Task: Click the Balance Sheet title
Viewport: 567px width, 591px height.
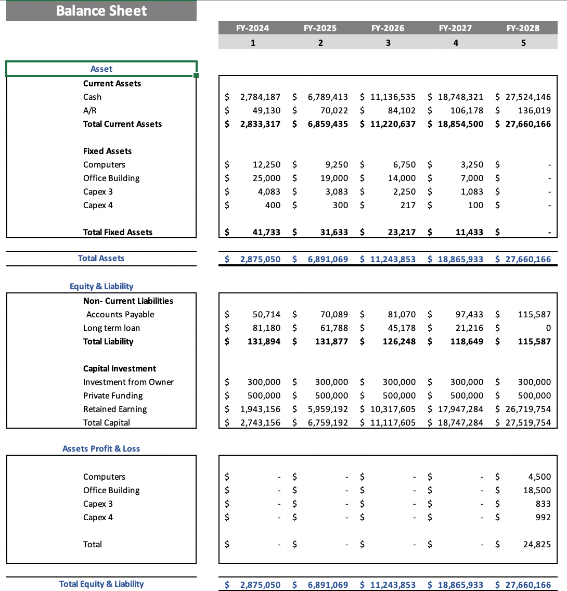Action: [101, 11]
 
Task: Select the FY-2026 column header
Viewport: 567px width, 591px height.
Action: [388, 28]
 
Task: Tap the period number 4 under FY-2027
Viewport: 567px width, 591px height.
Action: [456, 43]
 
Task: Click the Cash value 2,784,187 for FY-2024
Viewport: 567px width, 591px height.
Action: [260, 97]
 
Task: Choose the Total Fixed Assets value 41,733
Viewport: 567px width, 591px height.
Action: [266, 232]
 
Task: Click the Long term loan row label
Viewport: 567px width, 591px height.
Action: [111, 328]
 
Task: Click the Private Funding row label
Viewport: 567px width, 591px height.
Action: [113, 395]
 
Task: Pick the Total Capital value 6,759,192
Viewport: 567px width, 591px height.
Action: [328, 422]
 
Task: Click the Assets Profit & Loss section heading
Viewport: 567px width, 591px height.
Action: [101, 448]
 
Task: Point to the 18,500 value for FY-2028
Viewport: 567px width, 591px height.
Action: [537, 490]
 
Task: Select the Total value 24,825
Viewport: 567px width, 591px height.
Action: [537, 544]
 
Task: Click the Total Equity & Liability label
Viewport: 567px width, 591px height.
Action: [101, 584]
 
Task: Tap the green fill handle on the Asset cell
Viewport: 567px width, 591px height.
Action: [196, 76]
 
